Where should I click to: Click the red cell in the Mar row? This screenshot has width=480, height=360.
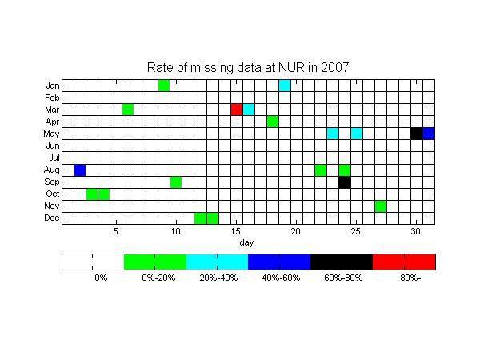pos(237,110)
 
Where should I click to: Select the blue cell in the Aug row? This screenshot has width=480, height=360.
pos(80,170)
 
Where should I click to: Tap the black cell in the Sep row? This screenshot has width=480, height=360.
pos(345,182)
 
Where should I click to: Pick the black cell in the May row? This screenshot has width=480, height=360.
pos(417,134)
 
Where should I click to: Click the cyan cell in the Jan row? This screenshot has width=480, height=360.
pos(285,86)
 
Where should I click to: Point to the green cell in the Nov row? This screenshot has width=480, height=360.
pos(381,206)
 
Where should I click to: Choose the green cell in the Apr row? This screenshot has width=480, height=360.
pos(273,122)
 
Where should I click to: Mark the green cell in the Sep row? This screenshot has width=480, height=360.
pos(176,182)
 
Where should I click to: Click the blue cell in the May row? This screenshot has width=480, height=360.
pos(429,134)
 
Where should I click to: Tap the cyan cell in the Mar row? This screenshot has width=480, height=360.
pos(249,110)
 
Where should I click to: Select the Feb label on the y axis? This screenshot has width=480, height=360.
pos(52,98)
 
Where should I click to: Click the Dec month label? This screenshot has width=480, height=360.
pos(52,218)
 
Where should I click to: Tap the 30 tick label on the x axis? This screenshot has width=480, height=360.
pos(415,231)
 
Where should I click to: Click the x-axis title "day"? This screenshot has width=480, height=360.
pos(246,242)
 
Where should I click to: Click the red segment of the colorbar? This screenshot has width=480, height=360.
pos(404,262)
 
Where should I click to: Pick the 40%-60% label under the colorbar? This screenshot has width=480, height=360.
pos(281,278)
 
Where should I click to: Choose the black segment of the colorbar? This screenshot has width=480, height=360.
pos(342,262)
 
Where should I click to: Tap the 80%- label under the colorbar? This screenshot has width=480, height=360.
pos(410,278)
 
